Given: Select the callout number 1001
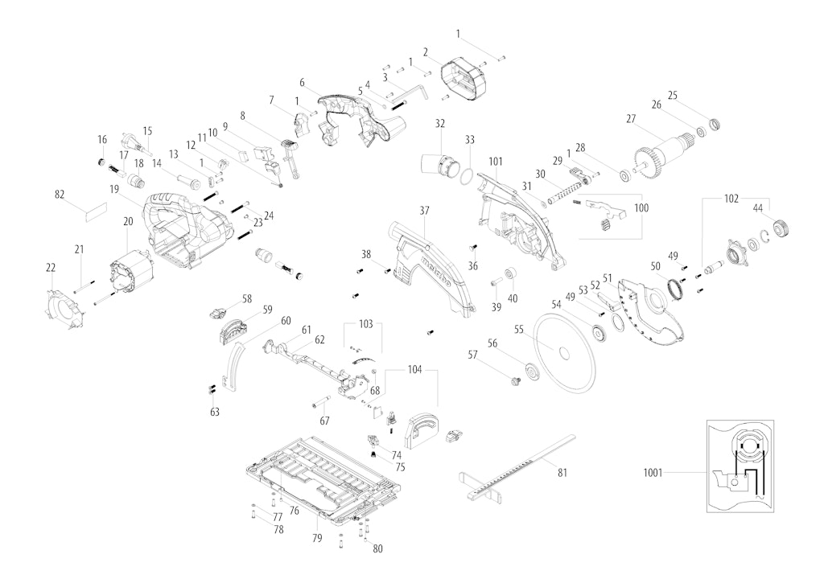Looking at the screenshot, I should click(x=653, y=473).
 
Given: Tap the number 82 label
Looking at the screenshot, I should click(x=60, y=195).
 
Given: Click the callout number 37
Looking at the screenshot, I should click(x=424, y=210).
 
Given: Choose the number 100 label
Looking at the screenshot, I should click(x=641, y=208).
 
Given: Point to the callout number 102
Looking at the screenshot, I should click(x=731, y=197).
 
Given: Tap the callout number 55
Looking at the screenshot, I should click(x=519, y=329).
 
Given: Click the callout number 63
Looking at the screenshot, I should click(x=214, y=412).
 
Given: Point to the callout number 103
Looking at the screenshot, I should click(x=366, y=324).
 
